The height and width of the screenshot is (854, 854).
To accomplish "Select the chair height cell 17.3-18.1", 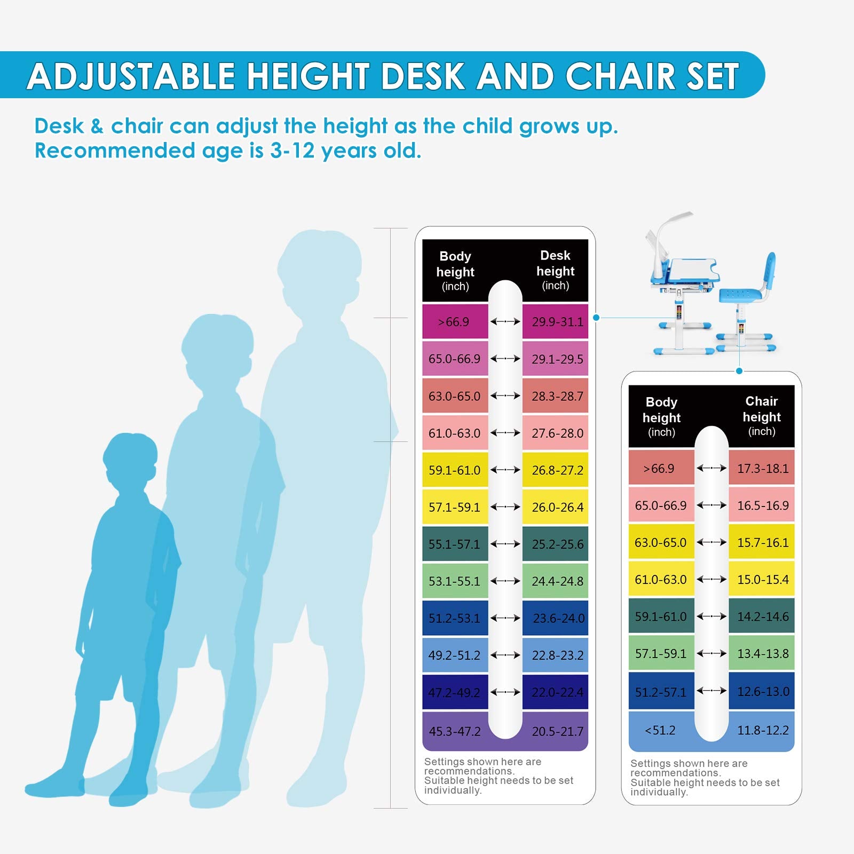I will click(x=762, y=468).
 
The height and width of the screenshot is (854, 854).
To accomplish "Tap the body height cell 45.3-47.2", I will click(x=454, y=731).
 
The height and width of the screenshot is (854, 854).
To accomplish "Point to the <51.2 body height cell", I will click(x=660, y=730).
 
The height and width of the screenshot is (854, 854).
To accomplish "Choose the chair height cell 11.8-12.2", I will click(x=762, y=730).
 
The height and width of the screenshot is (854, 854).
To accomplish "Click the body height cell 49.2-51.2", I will click(x=454, y=655).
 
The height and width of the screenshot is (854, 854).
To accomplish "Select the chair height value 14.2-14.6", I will click(x=762, y=616).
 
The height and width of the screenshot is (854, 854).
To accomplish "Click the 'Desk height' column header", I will click(x=555, y=270).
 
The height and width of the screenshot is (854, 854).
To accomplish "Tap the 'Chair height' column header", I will click(x=762, y=416).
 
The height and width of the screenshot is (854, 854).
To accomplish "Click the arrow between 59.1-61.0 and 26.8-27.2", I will click(x=505, y=470).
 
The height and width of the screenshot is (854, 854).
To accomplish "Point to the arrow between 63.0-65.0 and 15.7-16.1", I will click(x=711, y=542).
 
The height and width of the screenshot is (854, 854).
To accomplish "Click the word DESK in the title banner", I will click(x=423, y=76).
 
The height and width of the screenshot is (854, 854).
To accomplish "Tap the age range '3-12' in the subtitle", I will click(x=292, y=151).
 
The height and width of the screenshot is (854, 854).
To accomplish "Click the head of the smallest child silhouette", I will click(x=130, y=459).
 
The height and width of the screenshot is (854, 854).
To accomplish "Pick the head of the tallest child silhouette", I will click(x=319, y=267).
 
